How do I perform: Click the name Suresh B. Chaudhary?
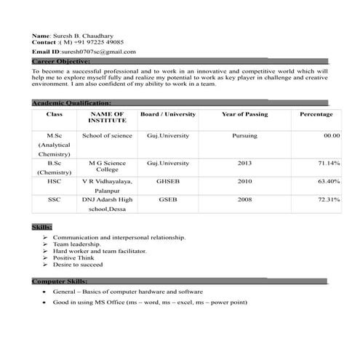(82, 35)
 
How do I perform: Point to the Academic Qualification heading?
(71, 103)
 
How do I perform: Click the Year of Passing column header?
(244, 115)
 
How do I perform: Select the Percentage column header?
(316, 115)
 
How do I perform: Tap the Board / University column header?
(167, 115)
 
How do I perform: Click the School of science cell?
(107, 136)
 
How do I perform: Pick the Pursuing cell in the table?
(244, 136)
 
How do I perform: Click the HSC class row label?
(55, 181)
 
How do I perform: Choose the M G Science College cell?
(107, 167)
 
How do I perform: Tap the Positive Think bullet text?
(73, 258)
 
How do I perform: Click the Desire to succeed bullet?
(78, 265)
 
